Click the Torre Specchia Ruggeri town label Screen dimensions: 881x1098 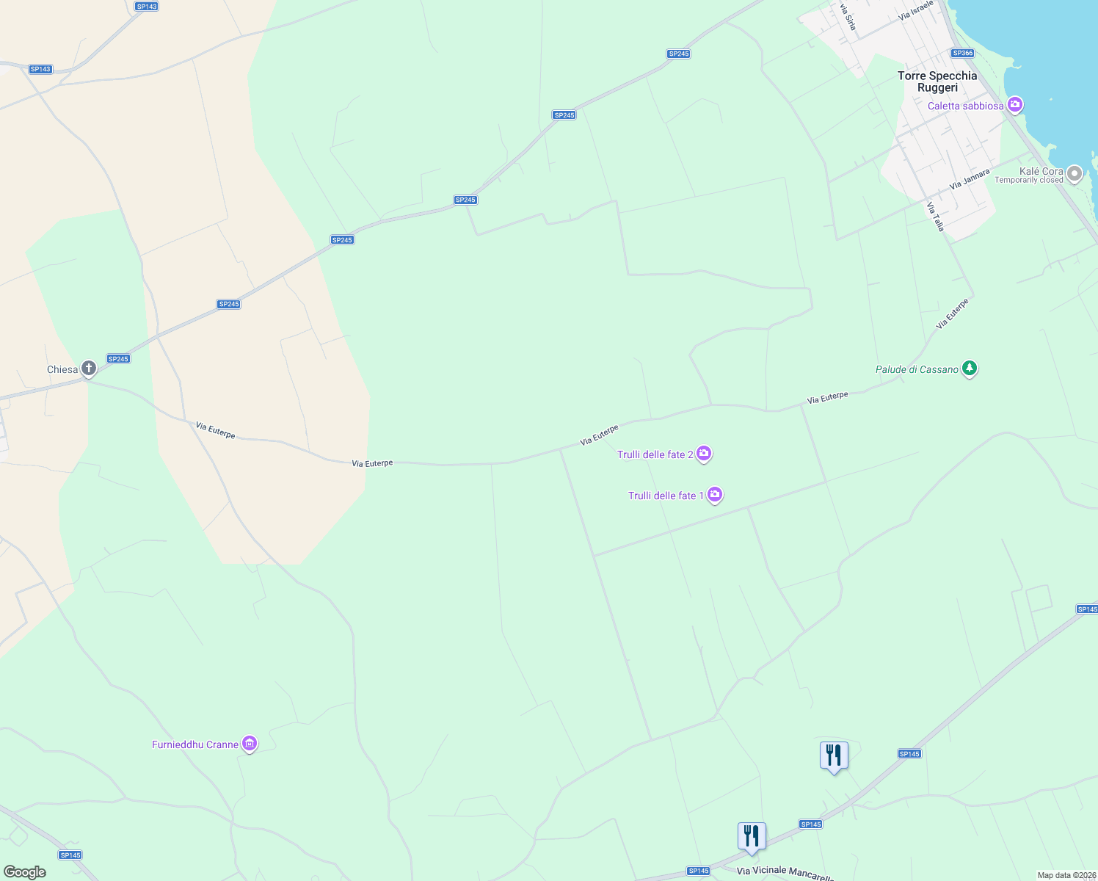point(937,81)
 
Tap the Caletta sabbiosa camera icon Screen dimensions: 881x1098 point(1015,105)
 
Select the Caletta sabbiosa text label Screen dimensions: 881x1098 point(965,106)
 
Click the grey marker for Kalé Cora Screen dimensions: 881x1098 point(1075,174)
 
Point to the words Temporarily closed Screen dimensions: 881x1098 point(1028,181)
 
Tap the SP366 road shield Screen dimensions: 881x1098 point(962,53)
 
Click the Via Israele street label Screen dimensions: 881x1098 point(915,10)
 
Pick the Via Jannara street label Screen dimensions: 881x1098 point(970,179)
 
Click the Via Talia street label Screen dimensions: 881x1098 point(935,217)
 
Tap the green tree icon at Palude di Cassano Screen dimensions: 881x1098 point(970,369)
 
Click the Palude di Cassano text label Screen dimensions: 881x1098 point(917,369)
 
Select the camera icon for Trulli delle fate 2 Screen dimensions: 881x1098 point(704,454)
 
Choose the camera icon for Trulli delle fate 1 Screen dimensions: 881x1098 point(715,496)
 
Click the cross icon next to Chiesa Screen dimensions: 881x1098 point(89,369)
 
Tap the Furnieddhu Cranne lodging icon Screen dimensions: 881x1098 point(250,744)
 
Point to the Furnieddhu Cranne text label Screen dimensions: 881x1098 point(195,744)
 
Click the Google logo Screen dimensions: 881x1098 point(25,872)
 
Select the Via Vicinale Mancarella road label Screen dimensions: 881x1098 point(785,872)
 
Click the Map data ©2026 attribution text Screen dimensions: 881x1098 point(1066,875)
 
